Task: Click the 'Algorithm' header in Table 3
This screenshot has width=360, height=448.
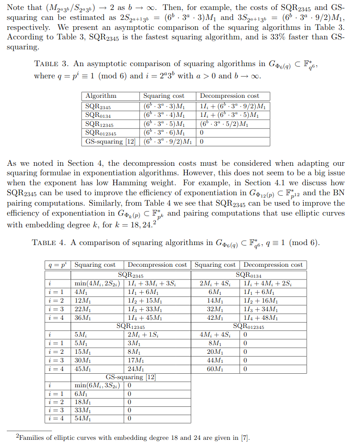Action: [101, 96]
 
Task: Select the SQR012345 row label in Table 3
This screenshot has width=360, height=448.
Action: [101, 134]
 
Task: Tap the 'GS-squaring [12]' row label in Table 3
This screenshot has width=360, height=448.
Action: [110, 141]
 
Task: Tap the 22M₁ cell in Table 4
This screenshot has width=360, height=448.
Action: [83, 309]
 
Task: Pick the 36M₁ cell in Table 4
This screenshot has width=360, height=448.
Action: [83, 318]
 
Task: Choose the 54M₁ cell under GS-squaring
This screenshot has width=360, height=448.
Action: [83, 418]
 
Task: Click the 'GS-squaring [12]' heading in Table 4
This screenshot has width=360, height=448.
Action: [131, 377]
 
